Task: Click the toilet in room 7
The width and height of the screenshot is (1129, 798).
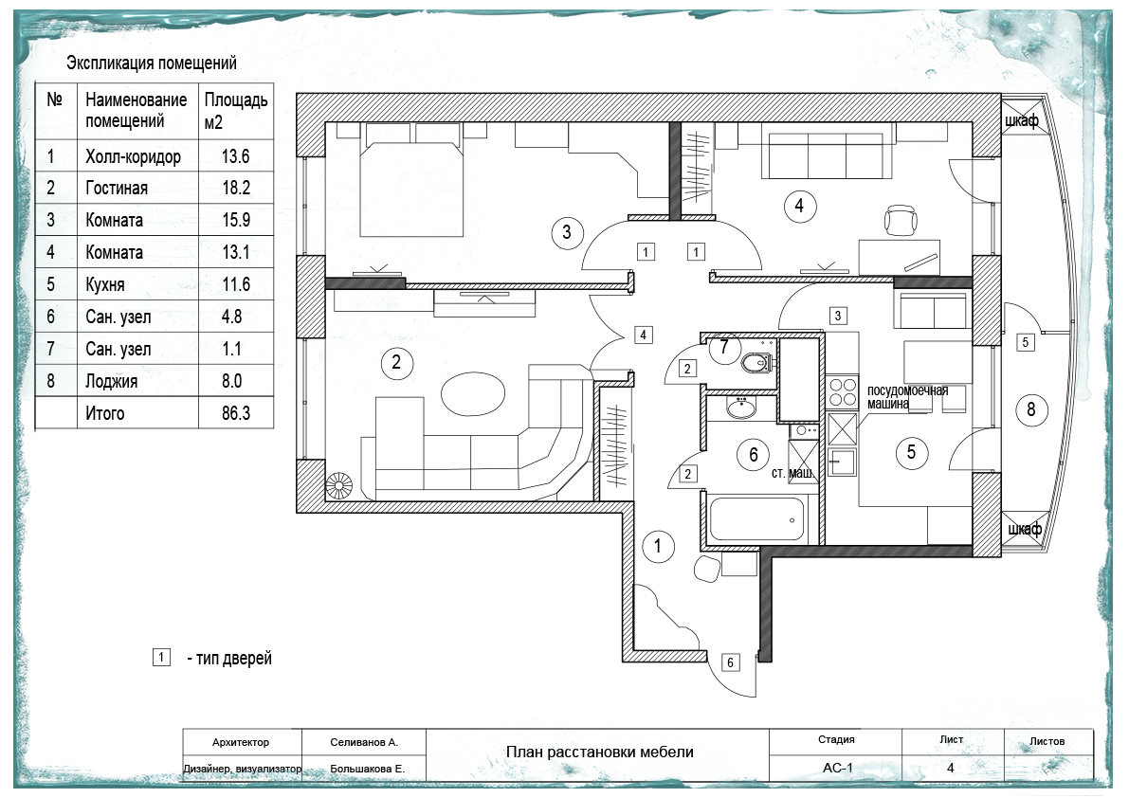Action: (756, 362)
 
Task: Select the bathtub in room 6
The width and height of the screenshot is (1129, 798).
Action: (756, 518)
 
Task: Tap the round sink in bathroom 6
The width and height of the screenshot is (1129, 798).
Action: (741, 408)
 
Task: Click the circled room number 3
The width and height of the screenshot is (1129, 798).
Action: (567, 232)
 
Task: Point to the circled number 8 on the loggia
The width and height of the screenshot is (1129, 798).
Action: (1031, 409)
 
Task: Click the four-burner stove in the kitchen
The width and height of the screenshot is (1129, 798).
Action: (842, 392)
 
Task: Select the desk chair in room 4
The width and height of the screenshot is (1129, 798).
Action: (901, 220)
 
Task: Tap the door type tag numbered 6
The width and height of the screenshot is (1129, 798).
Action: (730, 662)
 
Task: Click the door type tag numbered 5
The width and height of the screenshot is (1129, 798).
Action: (1026, 342)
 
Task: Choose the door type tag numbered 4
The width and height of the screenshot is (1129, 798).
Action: (643, 335)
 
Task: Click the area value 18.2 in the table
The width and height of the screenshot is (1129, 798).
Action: (236, 188)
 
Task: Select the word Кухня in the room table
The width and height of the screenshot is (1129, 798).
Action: (105, 285)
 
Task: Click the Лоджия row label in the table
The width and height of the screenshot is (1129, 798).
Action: (111, 381)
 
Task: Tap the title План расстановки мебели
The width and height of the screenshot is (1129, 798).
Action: (600, 752)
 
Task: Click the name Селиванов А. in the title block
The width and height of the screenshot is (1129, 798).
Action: (364, 742)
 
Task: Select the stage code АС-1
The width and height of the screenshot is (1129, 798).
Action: (837, 768)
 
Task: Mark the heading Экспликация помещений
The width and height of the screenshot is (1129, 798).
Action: (152, 63)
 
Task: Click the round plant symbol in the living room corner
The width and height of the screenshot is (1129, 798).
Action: (338, 486)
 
